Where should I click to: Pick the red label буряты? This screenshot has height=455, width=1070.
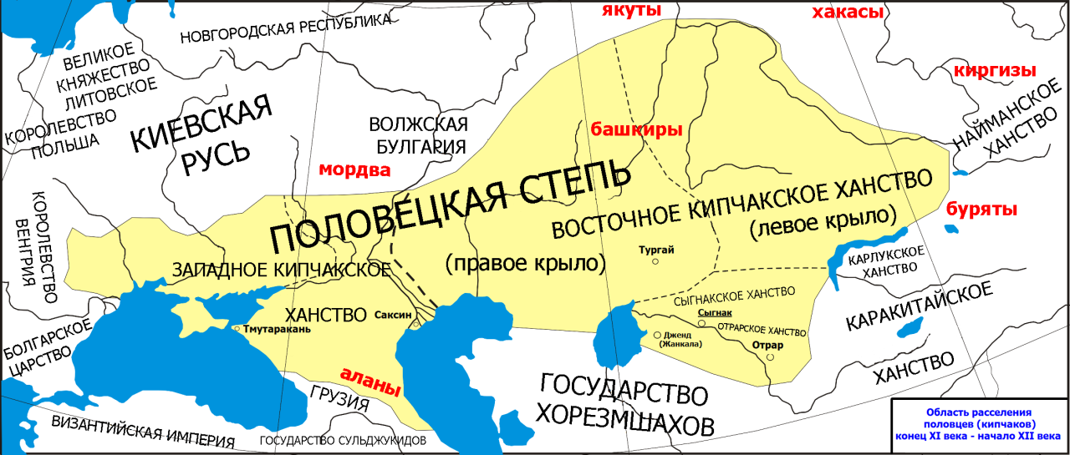(981, 209)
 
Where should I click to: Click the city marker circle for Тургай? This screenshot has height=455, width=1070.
(656, 261)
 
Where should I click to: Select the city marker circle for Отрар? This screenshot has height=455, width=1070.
(770, 356)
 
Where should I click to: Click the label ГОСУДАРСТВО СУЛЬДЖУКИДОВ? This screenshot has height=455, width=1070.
(343, 440)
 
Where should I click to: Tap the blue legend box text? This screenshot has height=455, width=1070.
(979, 423)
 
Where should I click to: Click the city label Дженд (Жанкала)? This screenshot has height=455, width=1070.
(681, 339)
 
